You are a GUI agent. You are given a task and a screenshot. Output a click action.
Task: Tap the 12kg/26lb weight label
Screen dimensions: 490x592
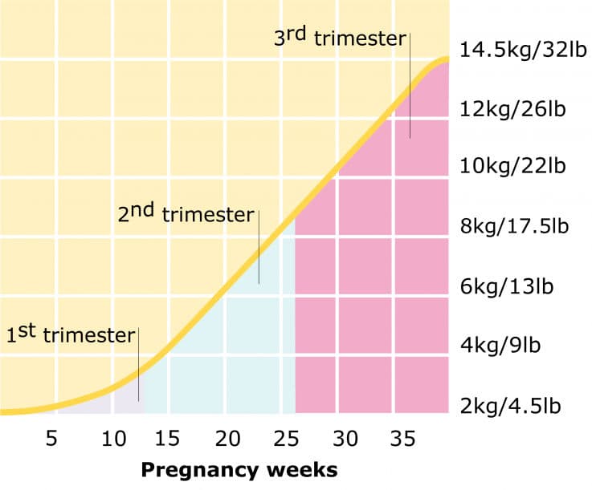coord(513,108)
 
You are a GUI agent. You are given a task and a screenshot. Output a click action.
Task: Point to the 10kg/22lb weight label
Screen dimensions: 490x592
coord(513,167)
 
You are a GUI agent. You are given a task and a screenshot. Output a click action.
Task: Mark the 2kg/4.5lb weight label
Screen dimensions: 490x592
coord(512,406)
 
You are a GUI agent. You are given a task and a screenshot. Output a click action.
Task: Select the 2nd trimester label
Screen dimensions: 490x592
coord(186,214)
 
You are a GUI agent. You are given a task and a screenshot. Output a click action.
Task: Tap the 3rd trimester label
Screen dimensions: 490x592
coord(341,38)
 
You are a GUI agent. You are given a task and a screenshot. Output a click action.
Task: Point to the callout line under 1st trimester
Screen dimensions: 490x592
coord(138,364)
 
